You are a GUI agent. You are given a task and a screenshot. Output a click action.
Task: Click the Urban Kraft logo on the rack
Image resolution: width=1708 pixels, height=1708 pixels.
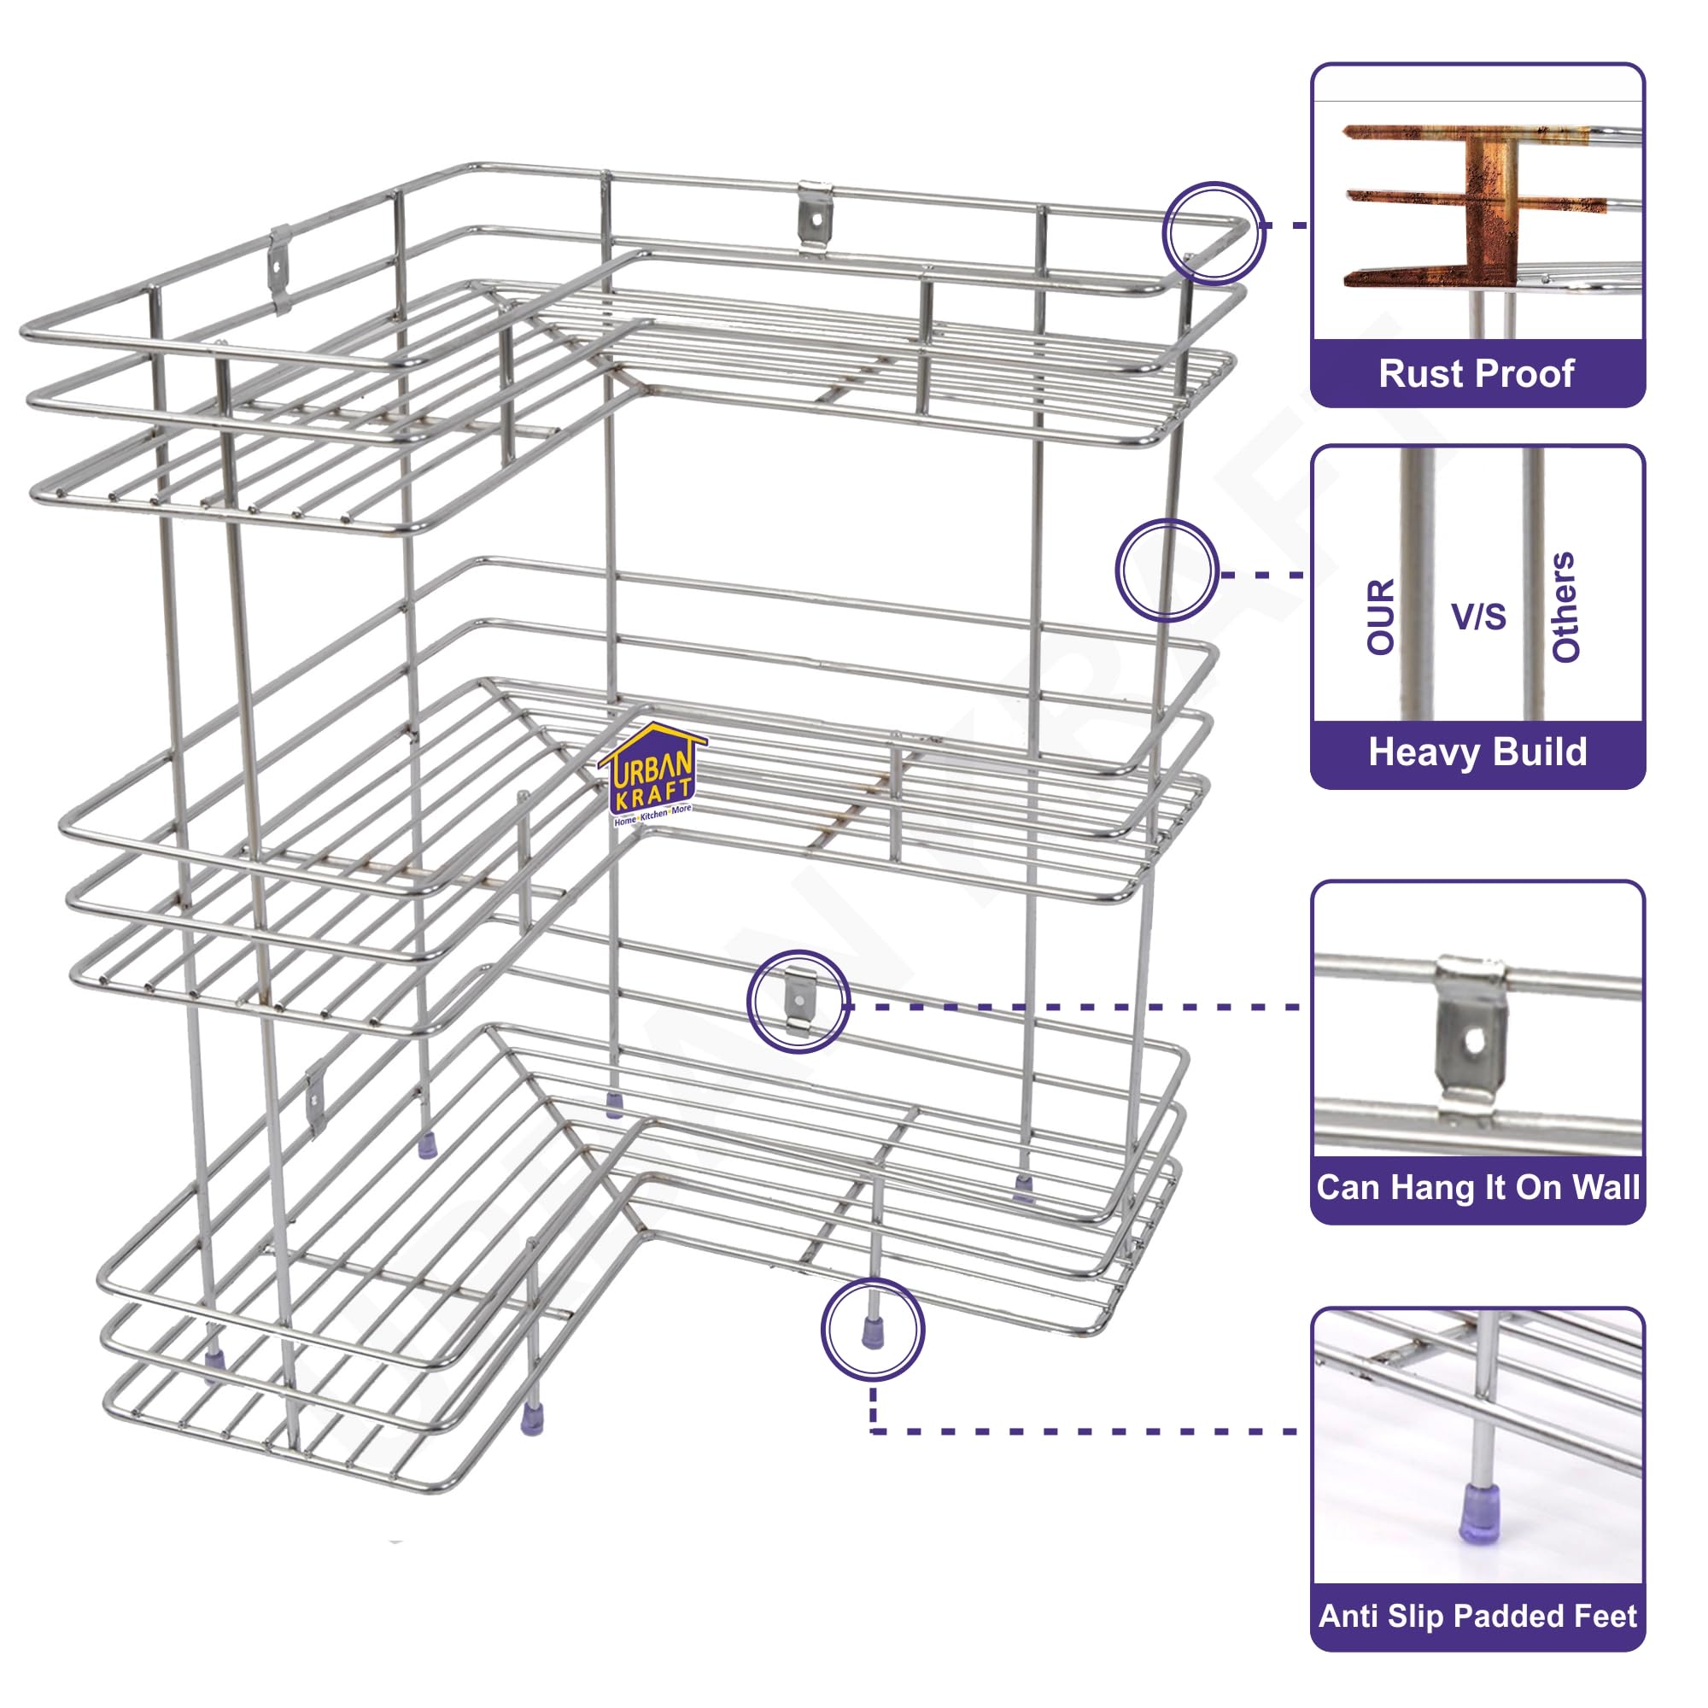652,775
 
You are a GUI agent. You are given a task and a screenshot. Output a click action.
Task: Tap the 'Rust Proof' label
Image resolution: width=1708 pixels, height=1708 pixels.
1477,373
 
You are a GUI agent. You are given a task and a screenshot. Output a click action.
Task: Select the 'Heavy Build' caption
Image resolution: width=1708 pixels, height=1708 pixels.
1477,752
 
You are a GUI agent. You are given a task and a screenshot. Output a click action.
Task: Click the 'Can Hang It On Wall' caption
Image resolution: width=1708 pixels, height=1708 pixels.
1477,1187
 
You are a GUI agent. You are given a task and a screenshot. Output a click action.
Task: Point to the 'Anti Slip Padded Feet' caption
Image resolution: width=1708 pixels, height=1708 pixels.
1477,1615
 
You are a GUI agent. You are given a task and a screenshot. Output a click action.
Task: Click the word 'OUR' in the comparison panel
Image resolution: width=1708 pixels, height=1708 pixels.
1381,617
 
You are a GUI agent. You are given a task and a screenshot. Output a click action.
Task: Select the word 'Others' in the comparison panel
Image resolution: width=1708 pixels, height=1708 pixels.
1565,606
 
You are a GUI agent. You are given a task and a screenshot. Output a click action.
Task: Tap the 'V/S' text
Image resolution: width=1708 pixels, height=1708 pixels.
1478,617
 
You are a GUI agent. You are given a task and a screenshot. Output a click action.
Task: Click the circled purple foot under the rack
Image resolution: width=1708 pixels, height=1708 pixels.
873,1332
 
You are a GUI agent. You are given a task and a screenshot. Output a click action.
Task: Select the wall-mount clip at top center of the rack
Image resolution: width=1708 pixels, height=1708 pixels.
815,215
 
